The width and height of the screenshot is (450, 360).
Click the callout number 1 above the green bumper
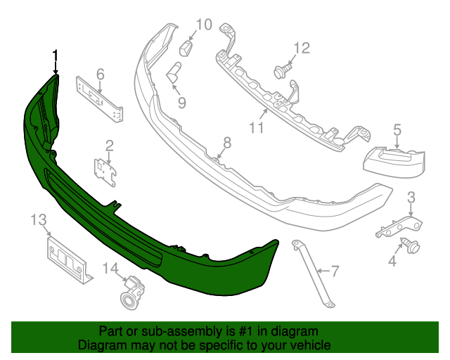[55, 56]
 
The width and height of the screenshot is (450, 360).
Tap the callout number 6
[100, 75]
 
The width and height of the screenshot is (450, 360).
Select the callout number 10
[204, 25]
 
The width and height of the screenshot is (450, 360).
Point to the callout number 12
[302, 49]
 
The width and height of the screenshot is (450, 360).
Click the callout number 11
[256, 127]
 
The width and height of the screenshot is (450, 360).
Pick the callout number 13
[39, 220]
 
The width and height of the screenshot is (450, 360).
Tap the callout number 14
[110, 269]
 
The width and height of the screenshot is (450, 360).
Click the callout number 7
[335, 271]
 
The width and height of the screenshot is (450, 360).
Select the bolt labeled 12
[283, 71]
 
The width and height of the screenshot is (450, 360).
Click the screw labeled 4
[411, 245]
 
